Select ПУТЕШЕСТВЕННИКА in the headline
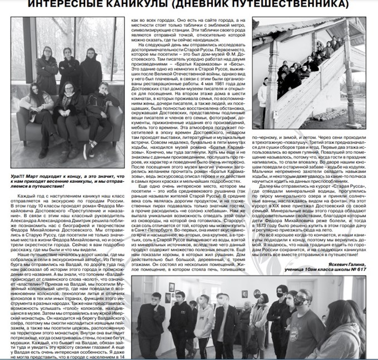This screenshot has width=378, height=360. pyautogui.click(x=290, y=5)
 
